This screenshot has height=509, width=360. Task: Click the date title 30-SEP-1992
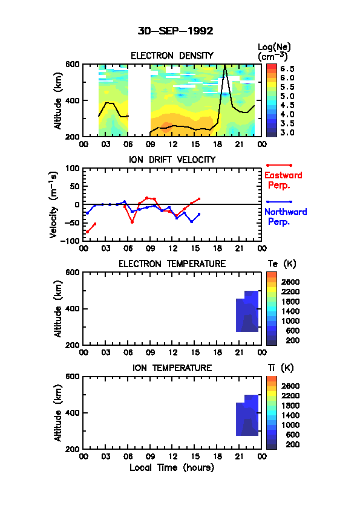(175, 31)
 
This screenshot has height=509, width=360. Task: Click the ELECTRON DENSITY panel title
(172, 56)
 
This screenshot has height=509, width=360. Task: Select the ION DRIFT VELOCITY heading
(172, 160)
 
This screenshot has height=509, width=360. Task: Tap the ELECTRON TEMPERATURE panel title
(172, 264)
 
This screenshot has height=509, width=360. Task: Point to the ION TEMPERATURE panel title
(172, 368)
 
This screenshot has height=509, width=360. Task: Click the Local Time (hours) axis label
(172, 467)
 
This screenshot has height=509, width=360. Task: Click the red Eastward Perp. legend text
(283, 180)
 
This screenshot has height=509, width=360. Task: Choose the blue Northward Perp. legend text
(286, 217)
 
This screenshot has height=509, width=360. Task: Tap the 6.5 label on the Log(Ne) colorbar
(287, 69)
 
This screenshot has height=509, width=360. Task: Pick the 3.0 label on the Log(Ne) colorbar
(287, 132)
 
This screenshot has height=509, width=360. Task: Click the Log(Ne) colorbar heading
(274, 52)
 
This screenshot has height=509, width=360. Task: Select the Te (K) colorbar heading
(282, 264)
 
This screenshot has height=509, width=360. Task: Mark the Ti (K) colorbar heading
(281, 368)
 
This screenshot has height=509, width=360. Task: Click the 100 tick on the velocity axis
(73, 168)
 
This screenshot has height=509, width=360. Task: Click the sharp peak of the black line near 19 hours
(224, 65)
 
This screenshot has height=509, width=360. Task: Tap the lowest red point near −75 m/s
(87, 232)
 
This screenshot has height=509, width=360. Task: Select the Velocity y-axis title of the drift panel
(54, 204)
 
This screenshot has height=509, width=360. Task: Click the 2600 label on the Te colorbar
(290, 282)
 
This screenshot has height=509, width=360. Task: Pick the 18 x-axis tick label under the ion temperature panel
(217, 456)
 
